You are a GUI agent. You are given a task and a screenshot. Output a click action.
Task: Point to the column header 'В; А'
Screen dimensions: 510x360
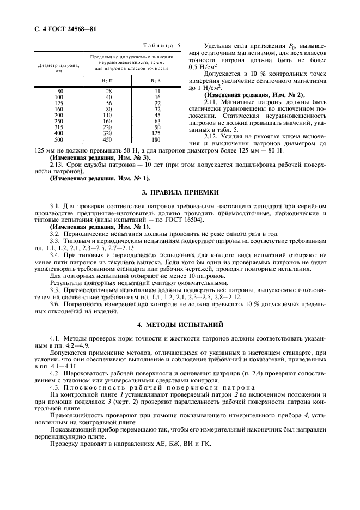coord(157,80)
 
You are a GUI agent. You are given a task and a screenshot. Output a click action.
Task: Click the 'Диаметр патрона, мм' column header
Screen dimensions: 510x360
coord(58,68)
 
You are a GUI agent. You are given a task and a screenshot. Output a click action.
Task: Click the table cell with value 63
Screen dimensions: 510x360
coord(157,121)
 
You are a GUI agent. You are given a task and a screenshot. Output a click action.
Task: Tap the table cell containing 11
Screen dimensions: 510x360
coord(157,91)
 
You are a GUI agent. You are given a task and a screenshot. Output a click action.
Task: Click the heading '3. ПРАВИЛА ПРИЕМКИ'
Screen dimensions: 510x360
coord(180,192)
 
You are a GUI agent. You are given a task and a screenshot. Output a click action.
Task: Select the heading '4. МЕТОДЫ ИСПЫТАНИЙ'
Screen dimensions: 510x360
coord(180,324)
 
